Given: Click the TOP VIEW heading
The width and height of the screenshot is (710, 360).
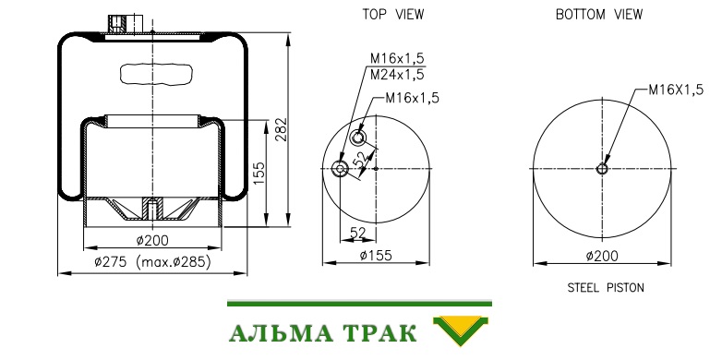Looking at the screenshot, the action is [393, 15].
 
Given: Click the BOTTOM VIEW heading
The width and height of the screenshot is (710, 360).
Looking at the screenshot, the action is [599, 15].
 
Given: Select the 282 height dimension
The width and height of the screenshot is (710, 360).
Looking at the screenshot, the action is [282, 129].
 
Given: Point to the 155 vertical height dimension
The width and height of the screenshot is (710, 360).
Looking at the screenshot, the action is [259, 174].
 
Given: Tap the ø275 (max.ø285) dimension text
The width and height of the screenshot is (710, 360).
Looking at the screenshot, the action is [152, 262].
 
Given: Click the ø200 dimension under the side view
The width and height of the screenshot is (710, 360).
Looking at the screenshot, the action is [152, 240].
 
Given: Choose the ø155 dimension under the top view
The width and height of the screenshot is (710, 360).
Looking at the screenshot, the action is [376, 256].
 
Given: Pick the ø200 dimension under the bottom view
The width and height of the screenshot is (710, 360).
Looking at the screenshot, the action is [602, 256].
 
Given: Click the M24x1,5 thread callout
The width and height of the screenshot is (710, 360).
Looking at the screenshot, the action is [397, 75].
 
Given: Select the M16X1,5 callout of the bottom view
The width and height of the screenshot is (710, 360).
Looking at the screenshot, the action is [676, 90].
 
